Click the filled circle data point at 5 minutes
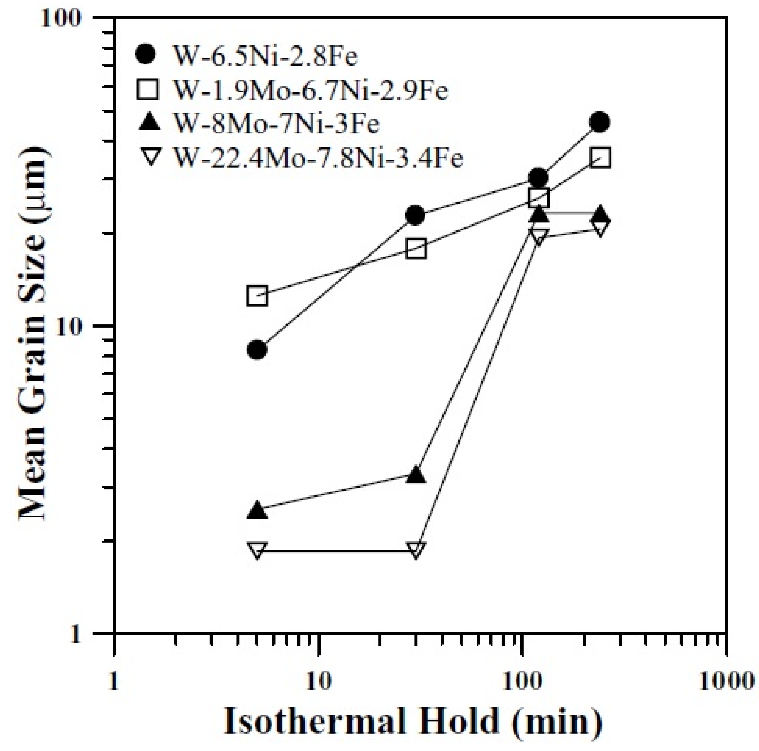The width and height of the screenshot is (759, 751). [257, 350]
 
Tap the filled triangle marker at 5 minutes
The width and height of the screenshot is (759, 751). [257, 511]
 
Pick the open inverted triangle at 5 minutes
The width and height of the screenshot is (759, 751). [257, 550]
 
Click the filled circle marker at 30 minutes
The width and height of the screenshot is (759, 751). [415, 215]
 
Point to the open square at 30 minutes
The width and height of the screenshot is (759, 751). [416, 249]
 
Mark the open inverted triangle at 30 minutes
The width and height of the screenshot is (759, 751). [415, 550]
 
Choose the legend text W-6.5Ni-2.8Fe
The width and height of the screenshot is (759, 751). [266, 56]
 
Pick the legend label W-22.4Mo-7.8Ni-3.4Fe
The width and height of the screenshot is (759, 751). [319, 158]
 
